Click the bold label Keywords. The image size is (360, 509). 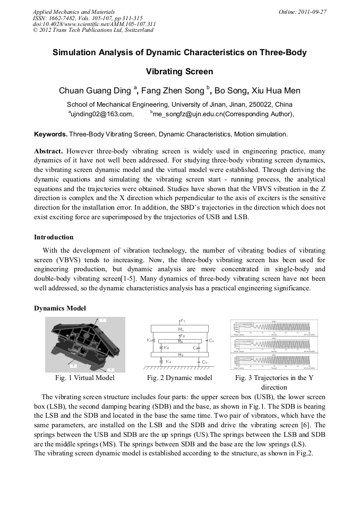click(50, 134)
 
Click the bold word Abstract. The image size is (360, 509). click(49, 151)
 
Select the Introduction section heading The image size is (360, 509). click(54, 237)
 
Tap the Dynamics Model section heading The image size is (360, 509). click(60, 308)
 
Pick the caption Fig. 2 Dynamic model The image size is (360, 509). click(179, 378)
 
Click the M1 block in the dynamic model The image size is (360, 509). click(180, 330)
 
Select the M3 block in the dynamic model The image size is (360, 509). click(180, 354)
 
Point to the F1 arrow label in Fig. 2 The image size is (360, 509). click(183, 321)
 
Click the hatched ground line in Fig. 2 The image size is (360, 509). click(178, 367)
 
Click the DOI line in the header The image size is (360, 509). click(94, 24)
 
